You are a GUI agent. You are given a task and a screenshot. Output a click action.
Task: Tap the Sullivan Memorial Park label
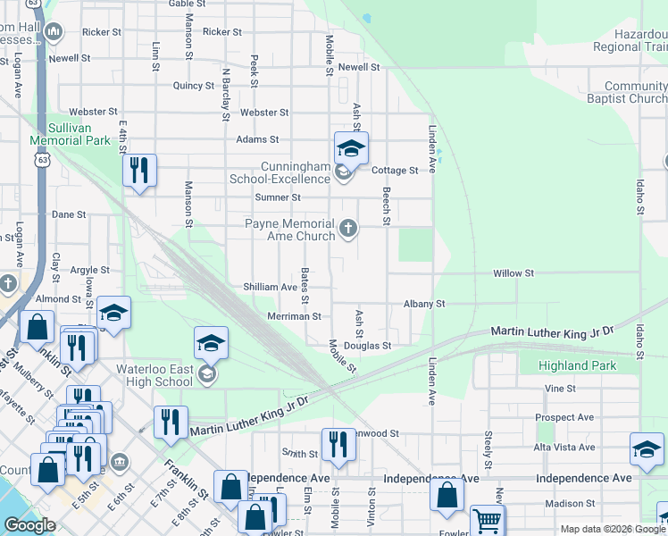coord(70,135)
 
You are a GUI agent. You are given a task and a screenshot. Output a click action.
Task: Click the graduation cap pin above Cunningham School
coord(351,148)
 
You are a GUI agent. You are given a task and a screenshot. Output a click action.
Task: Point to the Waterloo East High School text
coord(154,374)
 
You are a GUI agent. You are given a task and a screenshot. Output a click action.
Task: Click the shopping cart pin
coord(487,521)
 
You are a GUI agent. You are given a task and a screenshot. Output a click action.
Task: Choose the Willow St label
coord(514,272)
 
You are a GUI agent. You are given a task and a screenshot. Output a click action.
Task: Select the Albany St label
coord(424,304)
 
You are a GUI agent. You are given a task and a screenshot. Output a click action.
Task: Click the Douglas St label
coord(374,346)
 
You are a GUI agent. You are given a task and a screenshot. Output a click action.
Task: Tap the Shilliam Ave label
coord(270,287)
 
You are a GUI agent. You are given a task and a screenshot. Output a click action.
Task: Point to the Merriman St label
coord(294,316)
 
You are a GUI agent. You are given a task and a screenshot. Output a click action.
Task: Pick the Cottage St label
coord(395,170)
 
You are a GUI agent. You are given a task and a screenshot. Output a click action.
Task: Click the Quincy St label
coord(194,86)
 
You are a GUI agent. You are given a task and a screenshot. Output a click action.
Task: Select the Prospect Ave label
coord(564,417)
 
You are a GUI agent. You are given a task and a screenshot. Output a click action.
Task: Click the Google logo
coord(29,525)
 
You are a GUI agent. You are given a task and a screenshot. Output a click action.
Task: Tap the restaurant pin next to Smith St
coord(337,444)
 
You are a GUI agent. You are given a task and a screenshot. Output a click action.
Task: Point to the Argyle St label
coord(89,270)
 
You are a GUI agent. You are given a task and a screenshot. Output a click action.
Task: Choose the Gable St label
coord(187,4)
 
